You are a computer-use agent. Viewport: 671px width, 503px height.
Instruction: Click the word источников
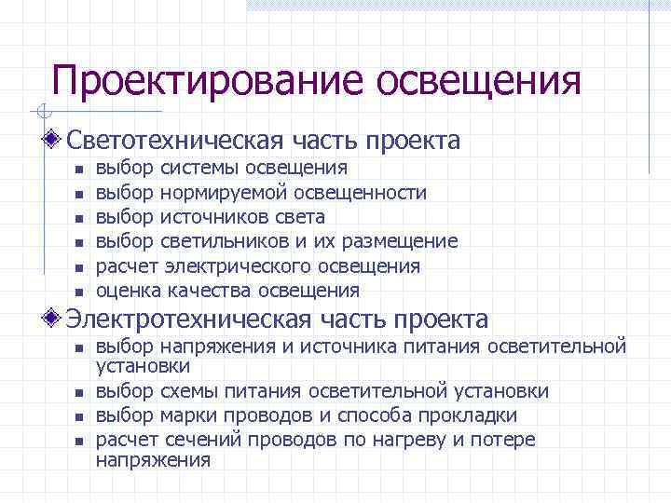point(205,217)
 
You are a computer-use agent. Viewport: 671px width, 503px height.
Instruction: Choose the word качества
point(210,291)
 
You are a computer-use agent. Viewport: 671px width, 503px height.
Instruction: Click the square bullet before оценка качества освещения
point(79,292)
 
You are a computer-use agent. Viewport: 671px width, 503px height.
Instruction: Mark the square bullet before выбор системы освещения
point(79,170)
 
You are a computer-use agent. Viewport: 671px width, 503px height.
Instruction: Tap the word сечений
point(194,440)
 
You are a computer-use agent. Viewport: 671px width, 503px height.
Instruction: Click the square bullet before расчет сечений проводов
point(79,441)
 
